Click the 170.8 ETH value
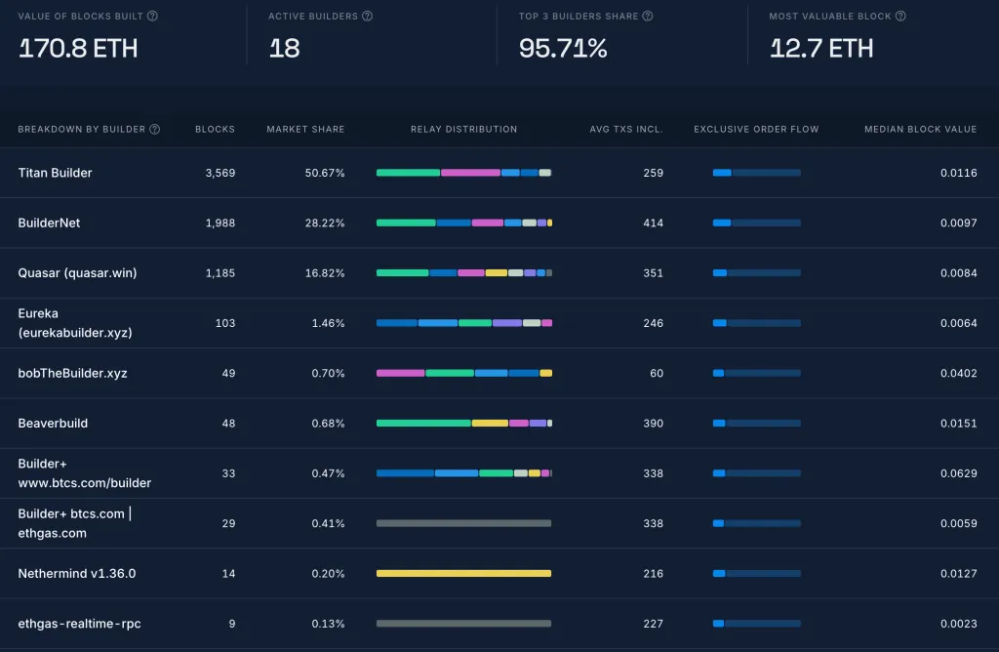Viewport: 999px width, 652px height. point(78,48)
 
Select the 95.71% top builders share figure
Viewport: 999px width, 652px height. point(563,48)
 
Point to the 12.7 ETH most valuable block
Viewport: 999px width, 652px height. point(821,48)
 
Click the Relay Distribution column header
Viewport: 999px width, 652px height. point(463,129)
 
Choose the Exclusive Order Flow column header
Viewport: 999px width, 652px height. point(756,129)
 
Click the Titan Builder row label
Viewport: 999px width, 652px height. point(56,173)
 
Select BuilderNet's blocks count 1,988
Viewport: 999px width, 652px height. point(220,224)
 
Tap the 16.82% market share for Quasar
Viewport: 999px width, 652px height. point(325,273)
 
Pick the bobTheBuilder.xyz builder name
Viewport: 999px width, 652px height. point(72,374)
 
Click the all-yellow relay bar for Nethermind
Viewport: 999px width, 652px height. point(463,573)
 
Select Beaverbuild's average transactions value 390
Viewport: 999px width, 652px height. point(653,424)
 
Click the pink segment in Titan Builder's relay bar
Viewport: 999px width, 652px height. point(470,173)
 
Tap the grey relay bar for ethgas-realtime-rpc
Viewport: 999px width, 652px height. point(463,624)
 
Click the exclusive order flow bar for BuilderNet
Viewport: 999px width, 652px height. point(756,224)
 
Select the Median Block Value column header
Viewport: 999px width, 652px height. point(920,129)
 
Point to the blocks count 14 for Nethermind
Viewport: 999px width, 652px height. point(228,574)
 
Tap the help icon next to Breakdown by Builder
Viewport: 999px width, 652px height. point(154,129)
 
